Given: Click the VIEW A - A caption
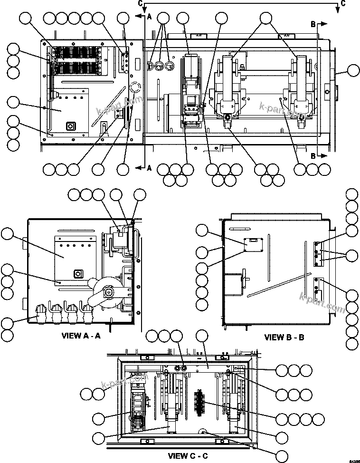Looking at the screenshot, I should [81, 336].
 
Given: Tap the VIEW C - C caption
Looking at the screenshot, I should [188, 456].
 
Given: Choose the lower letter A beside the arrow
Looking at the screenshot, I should [149, 168].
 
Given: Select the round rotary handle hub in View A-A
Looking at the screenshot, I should [109, 293].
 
